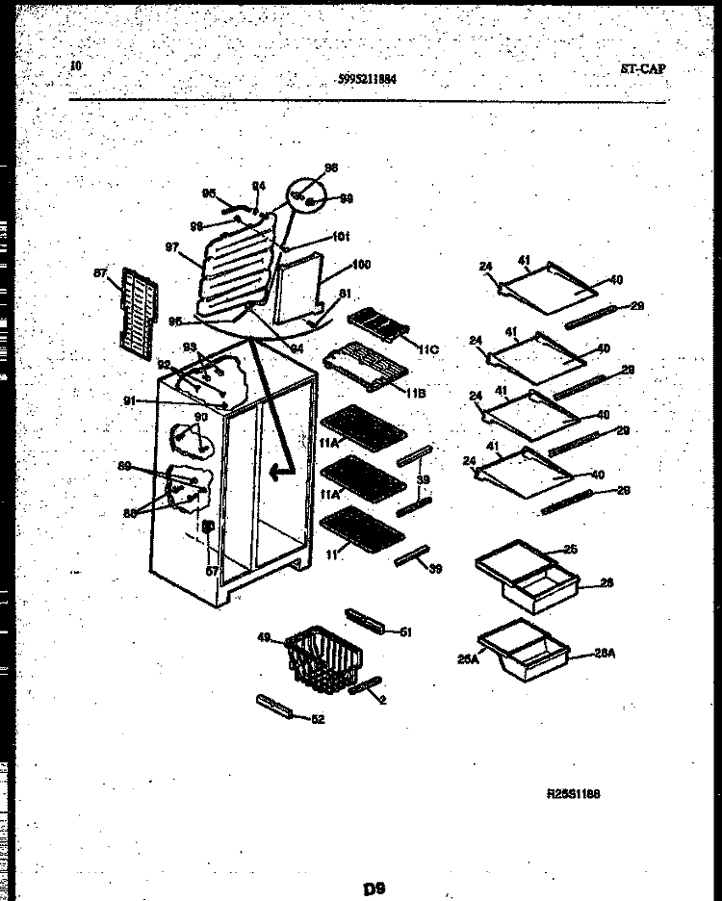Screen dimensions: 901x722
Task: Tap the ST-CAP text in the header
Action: [642, 69]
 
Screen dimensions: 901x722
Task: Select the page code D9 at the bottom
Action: [375, 888]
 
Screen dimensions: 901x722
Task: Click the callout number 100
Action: [362, 265]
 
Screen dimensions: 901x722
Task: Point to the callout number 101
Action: [340, 236]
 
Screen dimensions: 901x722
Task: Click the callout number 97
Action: [172, 247]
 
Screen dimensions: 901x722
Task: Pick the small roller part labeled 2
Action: [366, 685]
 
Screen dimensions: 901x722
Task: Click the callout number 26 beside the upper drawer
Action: [606, 582]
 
